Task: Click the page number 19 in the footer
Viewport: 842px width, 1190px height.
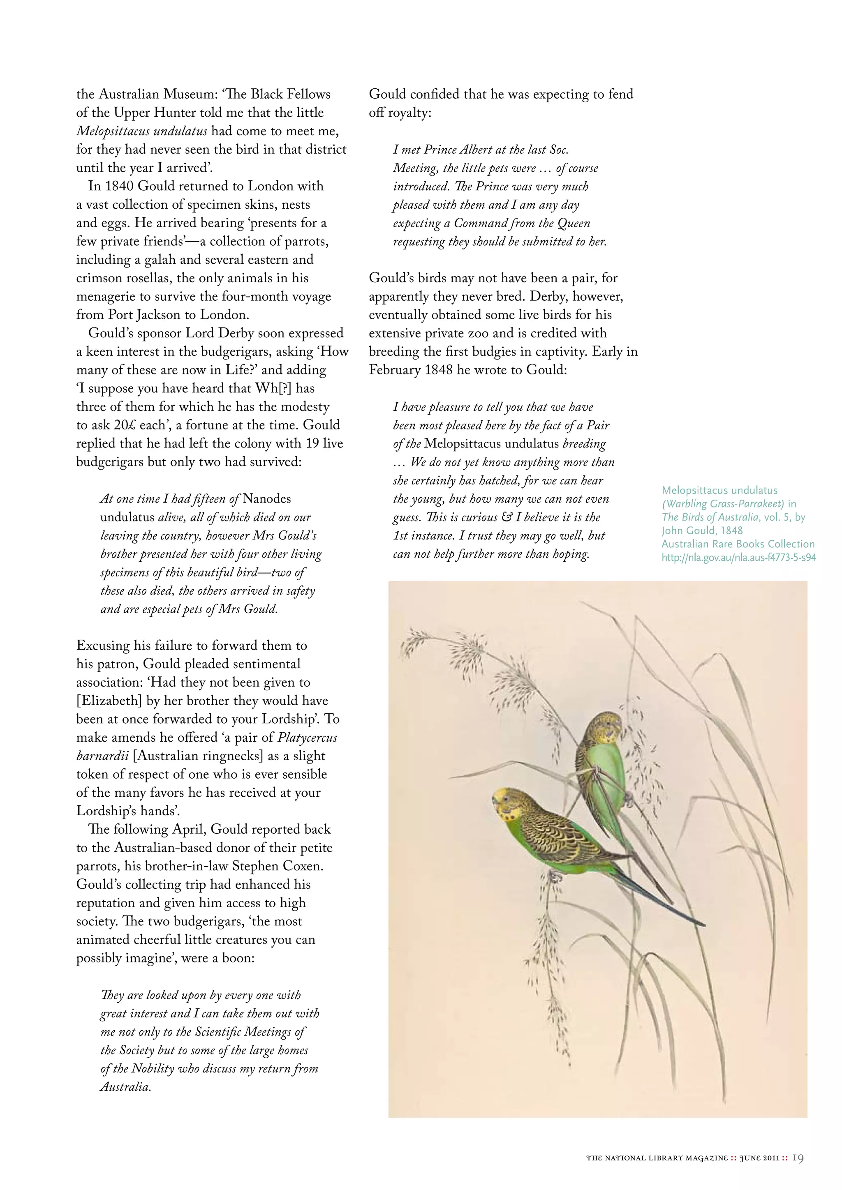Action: [x=798, y=1158]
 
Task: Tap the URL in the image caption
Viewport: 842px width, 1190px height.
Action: [x=738, y=558]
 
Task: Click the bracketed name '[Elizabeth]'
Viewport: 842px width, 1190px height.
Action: [x=109, y=701]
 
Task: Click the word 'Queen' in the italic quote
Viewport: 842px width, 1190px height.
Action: [x=574, y=224]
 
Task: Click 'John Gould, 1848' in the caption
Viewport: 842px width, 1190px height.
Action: [x=702, y=530]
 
